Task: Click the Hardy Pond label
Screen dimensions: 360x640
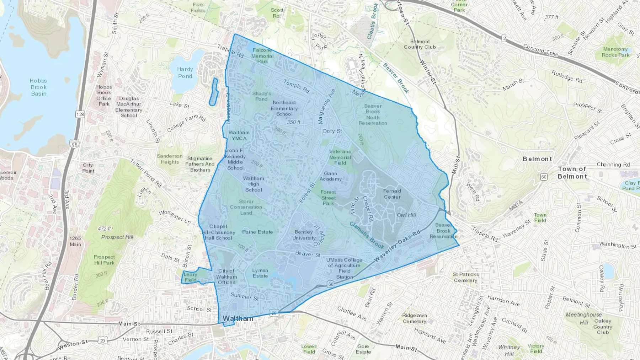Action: (x=185, y=73)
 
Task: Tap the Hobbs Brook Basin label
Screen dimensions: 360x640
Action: (x=38, y=87)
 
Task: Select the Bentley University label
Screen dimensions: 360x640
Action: (x=304, y=235)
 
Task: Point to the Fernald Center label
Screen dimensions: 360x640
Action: (x=392, y=194)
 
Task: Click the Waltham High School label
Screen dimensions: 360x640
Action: (x=254, y=184)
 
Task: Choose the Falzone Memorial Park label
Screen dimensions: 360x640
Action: (x=262, y=56)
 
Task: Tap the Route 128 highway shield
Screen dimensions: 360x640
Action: (x=80, y=114)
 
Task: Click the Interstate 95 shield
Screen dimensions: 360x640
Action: (x=74, y=145)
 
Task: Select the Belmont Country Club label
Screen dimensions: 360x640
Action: (x=420, y=44)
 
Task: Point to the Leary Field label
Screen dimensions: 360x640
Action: (x=190, y=277)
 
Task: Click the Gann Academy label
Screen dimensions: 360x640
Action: (x=330, y=176)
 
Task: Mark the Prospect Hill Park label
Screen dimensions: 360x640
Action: (x=104, y=260)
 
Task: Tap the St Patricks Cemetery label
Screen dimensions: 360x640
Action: (x=465, y=277)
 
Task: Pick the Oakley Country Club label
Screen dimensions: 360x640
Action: (x=603, y=327)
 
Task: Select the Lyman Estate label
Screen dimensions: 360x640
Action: (x=260, y=273)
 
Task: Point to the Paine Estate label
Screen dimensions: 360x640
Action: (x=257, y=232)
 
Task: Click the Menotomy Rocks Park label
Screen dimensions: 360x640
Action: (x=615, y=52)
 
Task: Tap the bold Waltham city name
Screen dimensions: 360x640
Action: (x=238, y=318)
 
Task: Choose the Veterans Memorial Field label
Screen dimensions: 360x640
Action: (x=340, y=157)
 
